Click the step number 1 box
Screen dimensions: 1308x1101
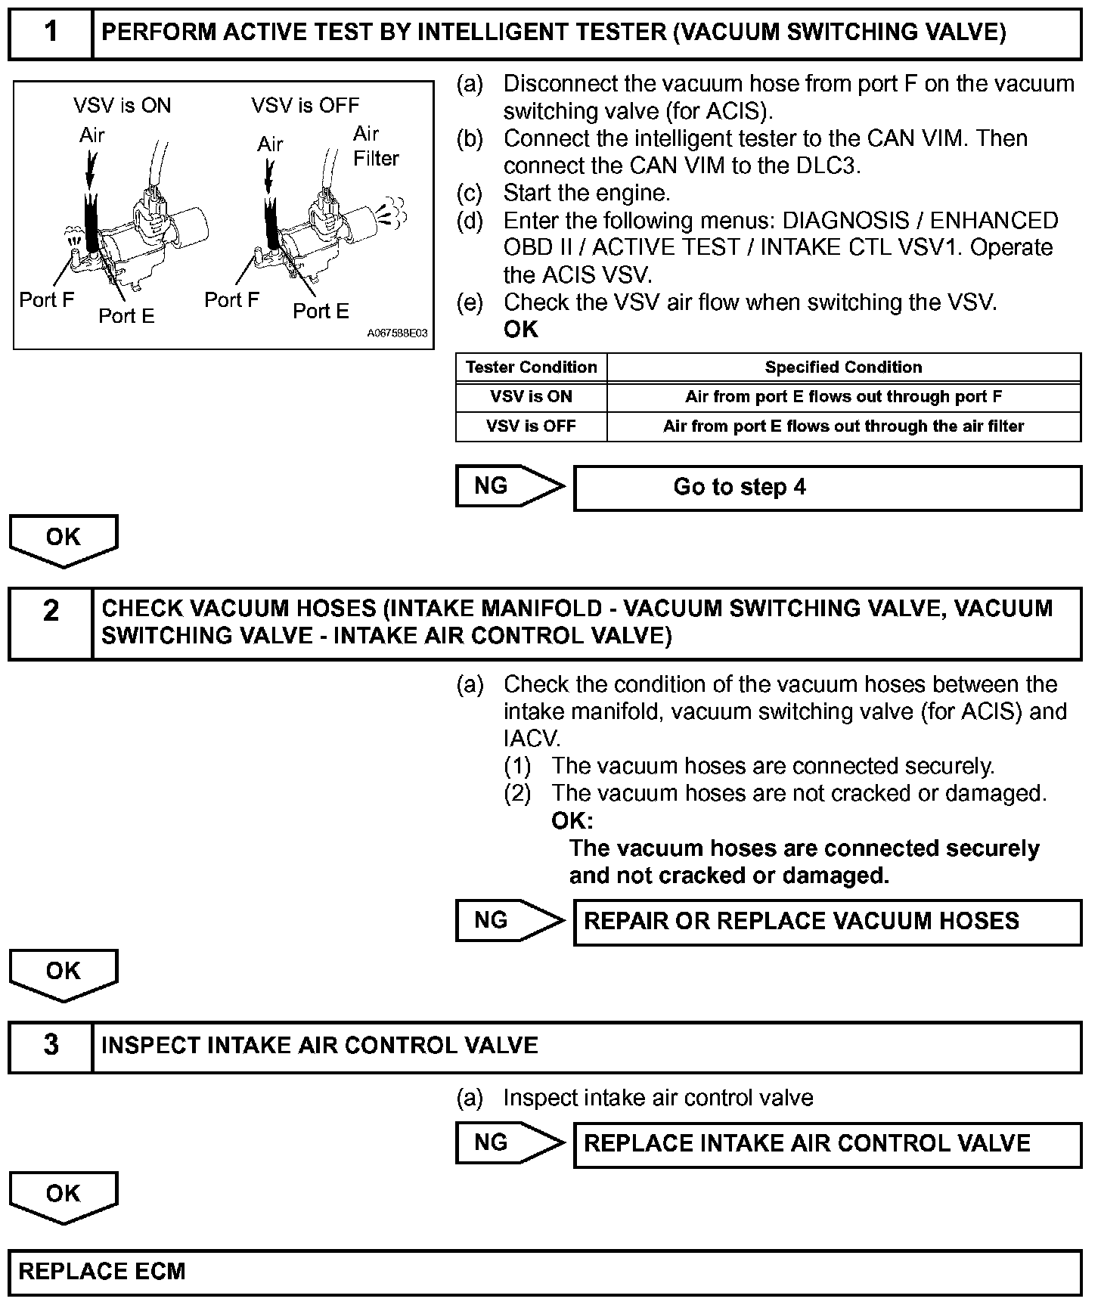51,33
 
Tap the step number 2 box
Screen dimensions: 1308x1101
51,623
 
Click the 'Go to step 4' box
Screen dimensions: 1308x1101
827,488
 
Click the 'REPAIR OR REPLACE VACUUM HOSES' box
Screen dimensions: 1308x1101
827,922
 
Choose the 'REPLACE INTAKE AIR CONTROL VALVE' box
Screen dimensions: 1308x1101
827,1144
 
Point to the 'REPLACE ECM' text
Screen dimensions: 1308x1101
102,1272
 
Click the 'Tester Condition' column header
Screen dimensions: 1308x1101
531,367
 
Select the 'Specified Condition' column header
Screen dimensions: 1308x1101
843,367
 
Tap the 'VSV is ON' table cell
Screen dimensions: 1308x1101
531,397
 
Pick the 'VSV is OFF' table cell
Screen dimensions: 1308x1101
531,426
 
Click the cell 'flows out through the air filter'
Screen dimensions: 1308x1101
843,426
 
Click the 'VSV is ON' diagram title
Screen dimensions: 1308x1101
123,105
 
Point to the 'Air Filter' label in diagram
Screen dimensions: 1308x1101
376,146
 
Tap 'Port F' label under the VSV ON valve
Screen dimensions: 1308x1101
47,300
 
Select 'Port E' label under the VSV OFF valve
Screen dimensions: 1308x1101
321,311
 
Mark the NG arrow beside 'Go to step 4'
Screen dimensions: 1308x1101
510,486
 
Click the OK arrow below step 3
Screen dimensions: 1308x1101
64,1196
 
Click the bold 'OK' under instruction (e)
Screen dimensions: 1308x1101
521,330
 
